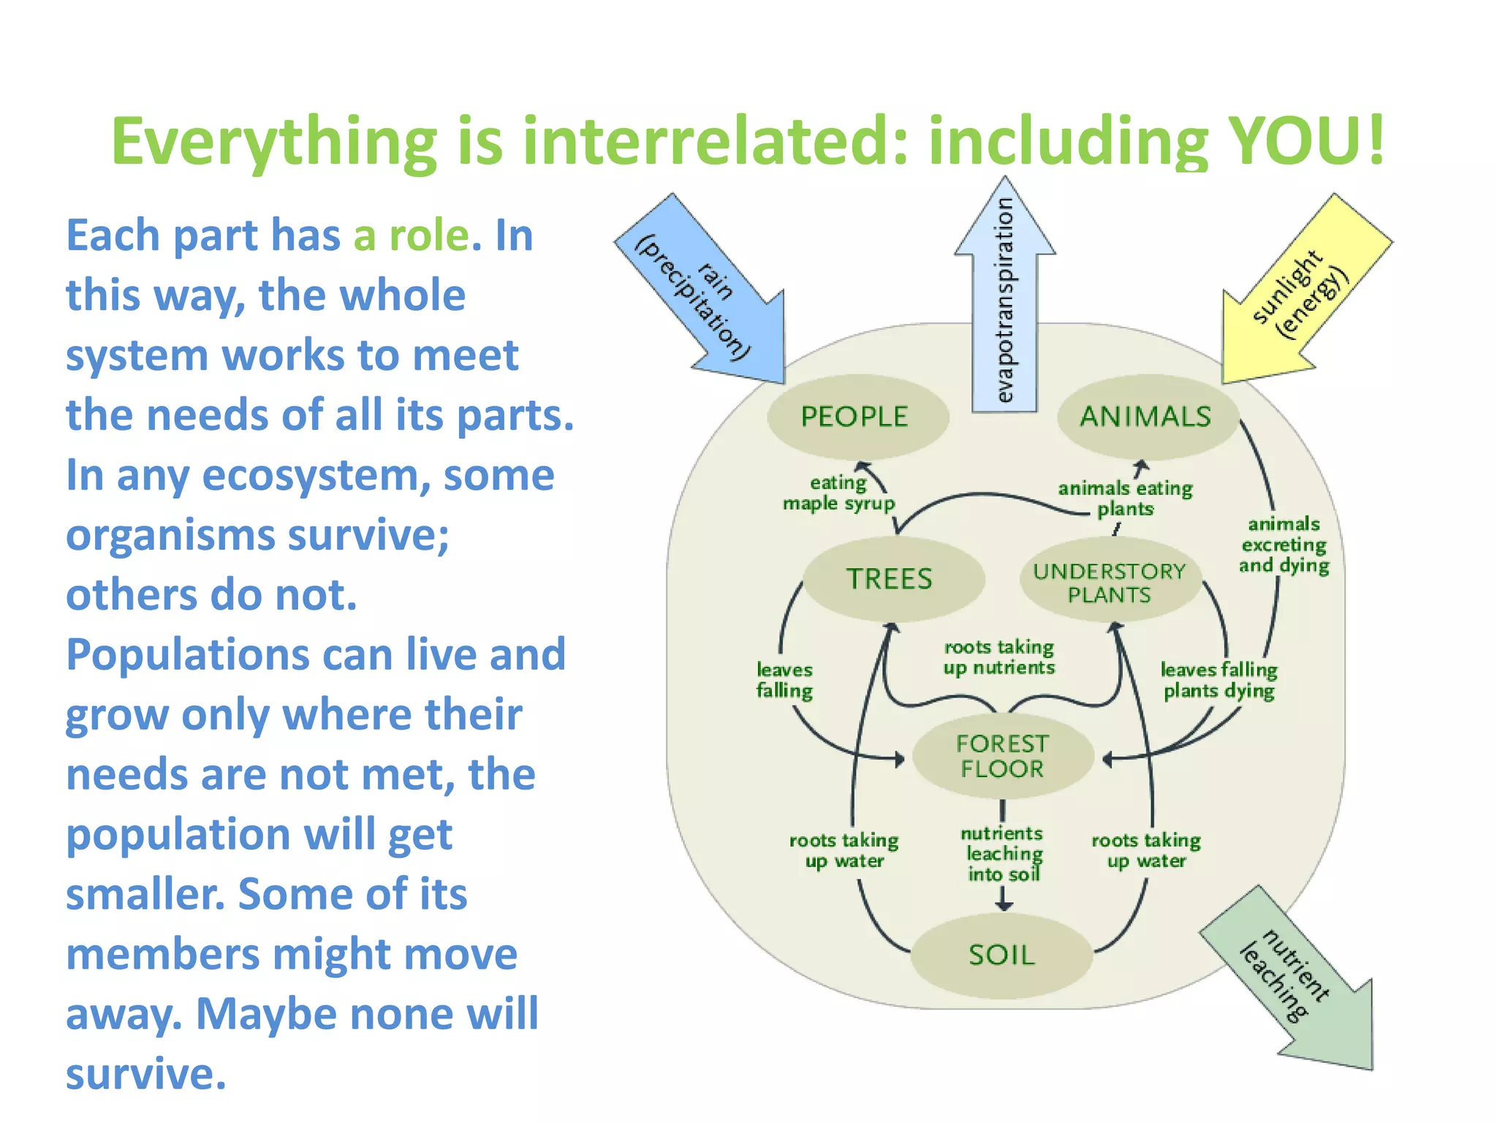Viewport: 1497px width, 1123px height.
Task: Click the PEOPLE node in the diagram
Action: click(x=856, y=417)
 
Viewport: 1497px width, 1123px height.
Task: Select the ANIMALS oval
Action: click(x=1146, y=417)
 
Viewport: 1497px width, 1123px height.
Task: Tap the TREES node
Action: click(x=890, y=579)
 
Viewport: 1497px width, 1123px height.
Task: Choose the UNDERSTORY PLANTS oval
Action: click(x=1109, y=583)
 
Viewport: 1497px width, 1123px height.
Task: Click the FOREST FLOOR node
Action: click(x=1002, y=757)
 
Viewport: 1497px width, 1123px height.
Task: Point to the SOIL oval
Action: click(x=1001, y=955)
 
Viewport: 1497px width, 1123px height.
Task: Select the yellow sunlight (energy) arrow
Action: click(x=1301, y=292)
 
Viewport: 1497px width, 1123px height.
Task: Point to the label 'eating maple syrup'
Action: click(x=838, y=494)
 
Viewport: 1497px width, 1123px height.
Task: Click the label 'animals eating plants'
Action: click(x=1125, y=499)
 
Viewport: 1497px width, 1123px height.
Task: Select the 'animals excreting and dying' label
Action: click(x=1284, y=545)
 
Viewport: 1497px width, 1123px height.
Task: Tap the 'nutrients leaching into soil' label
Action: click(x=1003, y=854)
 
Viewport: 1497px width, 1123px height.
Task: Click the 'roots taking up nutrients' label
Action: click(x=999, y=657)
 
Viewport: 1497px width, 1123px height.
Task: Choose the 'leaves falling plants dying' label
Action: click(x=1219, y=680)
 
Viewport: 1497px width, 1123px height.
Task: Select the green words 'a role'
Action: click(x=412, y=235)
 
